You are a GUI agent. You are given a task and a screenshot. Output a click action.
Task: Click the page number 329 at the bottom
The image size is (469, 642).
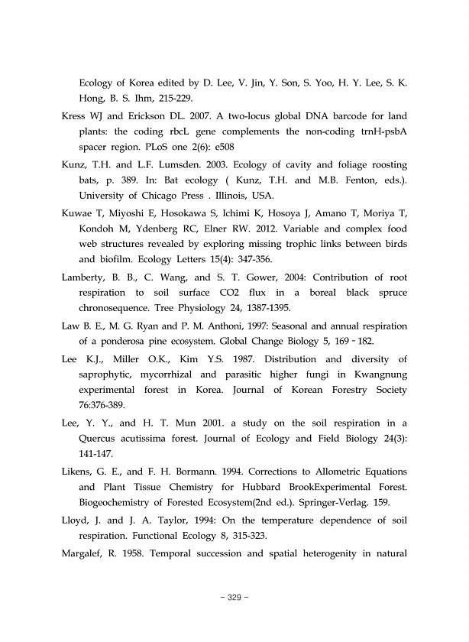234,597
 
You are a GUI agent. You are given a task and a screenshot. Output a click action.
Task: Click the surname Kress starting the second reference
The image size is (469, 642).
74,117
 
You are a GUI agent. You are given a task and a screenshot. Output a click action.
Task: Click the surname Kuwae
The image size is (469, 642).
76,213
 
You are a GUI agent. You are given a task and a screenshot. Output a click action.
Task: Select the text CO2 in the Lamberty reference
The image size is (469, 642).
254,293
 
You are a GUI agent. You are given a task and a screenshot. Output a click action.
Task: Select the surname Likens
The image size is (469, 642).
78,472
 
